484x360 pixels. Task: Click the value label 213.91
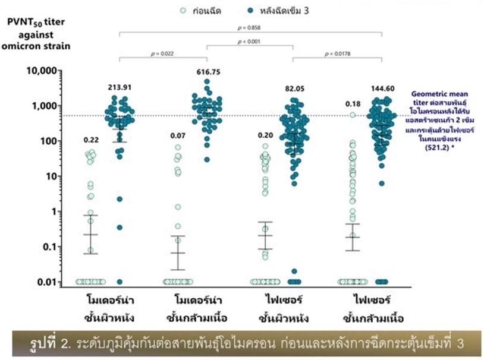click(x=120, y=87)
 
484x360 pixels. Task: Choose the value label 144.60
click(x=382, y=87)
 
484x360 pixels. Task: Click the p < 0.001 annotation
click(x=250, y=42)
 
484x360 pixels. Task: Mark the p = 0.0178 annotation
click(x=338, y=54)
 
